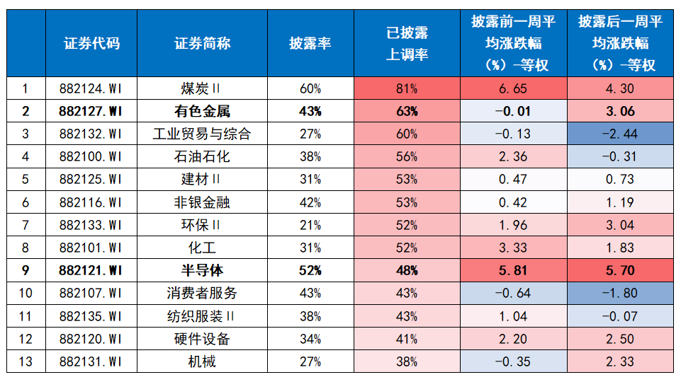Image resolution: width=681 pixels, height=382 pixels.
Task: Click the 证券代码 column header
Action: pos(91,43)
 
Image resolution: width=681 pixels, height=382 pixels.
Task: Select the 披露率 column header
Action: pos(310,43)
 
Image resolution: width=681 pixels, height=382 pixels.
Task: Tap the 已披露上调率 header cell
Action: pos(407,43)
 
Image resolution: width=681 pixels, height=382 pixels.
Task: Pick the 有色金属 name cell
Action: pos(202,112)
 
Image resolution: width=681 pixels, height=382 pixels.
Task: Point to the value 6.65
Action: pos(513,89)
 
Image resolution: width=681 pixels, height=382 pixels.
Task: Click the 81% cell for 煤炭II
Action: pos(407,89)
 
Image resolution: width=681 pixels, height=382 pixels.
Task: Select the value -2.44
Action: pos(620,134)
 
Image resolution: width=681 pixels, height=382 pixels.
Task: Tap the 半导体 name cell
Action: pos(202,270)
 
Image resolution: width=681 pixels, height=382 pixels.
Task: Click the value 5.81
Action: pos(513,270)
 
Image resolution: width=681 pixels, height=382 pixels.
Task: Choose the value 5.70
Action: pos(620,270)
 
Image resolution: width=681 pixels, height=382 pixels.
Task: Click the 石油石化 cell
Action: pos(202,156)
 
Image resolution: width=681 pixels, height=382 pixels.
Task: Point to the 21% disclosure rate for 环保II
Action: pos(310,225)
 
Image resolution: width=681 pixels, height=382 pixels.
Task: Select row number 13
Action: pos(26,361)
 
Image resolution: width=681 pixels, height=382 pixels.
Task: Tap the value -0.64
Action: pos(513,293)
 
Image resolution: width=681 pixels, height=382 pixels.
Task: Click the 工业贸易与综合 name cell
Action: pos(202,134)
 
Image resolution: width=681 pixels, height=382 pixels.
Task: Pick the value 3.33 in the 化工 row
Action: pos(513,248)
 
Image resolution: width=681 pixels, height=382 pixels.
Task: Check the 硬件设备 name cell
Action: pos(202,339)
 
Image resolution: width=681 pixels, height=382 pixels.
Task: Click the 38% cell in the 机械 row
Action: pos(407,361)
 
